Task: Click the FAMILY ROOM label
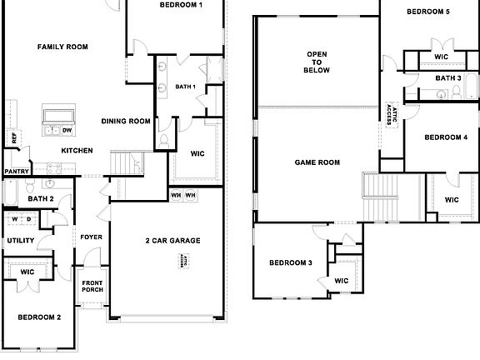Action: pyautogui.click(x=62, y=47)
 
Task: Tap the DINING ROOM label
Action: pyautogui.click(x=126, y=122)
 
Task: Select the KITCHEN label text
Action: pyautogui.click(x=77, y=151)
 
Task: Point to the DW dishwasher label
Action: pyautogui.click(x=67, y=130)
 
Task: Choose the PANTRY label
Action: pyautogui.click(x=16, y=172)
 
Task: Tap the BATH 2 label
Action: pyautogui.click(x=41, y=199)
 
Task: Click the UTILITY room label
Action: pyautogui.click(x=20, y=241)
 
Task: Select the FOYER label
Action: pyautogui.click(x=91, y=237)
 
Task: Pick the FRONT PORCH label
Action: pyautogui.click(x=92, y=287)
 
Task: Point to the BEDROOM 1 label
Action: pyautogui.click(x=181, y=6)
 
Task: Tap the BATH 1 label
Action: pyautogui.click(x=185, y=87)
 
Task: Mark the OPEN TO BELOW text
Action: pyautogui.click(x=317, y=62)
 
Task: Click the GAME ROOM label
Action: pyautogui.click(x=317, y=162)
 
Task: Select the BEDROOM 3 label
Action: pyautogui.click(x=291, y=263)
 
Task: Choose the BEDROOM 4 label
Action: pyautogui.click(x=446, y=137)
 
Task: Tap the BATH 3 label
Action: pyautogui.click(x=448, y=78)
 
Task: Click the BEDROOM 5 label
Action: pyautogui.click(x=428, y=12)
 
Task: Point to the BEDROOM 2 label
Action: pyautogui.click(x=39, y=317)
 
